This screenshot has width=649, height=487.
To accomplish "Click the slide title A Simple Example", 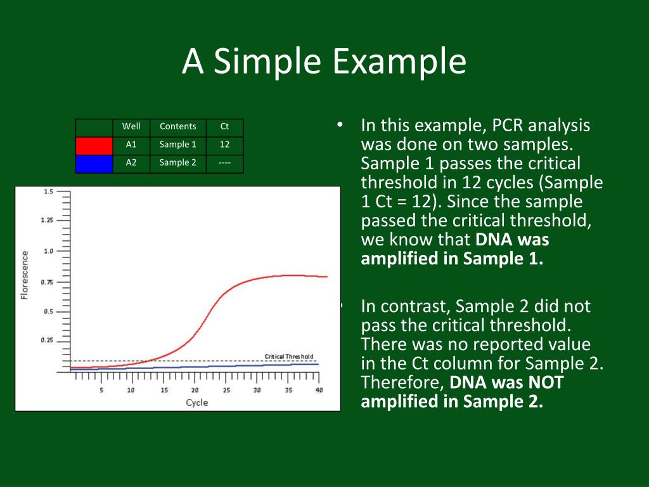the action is (324, 61).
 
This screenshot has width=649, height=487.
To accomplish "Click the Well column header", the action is (131, 126).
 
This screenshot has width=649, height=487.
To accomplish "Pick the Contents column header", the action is (178, 126).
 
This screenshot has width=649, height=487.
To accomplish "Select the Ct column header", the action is (224, 126).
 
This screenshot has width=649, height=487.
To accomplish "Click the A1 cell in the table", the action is (131, 145).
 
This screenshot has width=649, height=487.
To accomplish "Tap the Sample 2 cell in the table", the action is (178, 162).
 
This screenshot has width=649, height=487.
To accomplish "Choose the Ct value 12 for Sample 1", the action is (224, 145).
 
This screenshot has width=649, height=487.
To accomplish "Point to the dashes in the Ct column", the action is (224, 163).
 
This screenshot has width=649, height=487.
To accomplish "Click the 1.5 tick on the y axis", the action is (48, 192).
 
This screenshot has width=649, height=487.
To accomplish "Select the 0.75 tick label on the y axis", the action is (47, 282).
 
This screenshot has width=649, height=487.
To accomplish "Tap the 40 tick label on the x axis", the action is (319, 390).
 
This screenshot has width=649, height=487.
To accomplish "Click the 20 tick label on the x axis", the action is (195, 390).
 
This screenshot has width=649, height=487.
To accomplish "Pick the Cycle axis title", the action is (197, 403).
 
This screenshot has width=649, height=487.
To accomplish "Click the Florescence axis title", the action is (25, 275).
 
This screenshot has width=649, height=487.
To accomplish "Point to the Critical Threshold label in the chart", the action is (289, 356).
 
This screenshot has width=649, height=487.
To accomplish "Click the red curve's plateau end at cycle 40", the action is (327, 276).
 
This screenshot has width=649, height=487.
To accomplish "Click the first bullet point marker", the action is (340, 124).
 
